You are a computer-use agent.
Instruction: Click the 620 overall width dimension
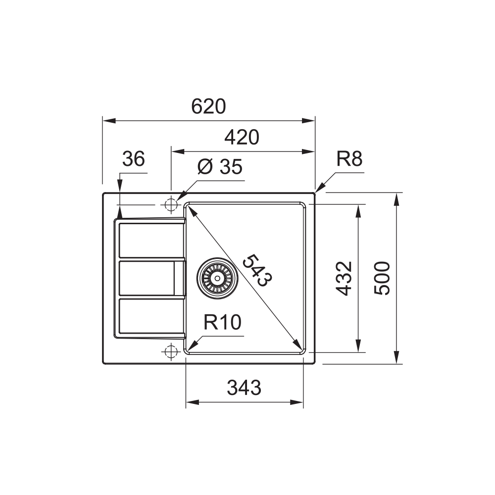[209, 106]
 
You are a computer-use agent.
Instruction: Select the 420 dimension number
[242, 137]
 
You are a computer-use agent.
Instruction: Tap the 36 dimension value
[134, 158]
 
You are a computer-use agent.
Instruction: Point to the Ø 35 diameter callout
[220, 166]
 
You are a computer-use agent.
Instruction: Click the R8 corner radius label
[349, 158]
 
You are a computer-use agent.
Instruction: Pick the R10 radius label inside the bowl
[222, 322]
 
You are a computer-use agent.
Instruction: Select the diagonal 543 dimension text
[257, 270]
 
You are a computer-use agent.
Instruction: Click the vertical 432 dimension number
[344, 278]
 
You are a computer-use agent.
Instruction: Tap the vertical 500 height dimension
[382, 278]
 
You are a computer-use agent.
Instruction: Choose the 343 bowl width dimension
[244, 388]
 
